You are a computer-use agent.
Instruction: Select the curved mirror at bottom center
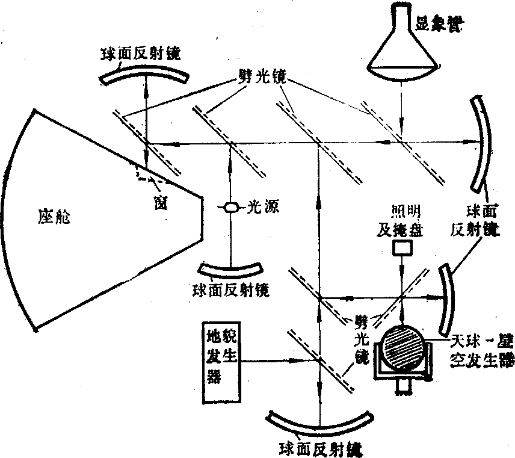(318, 426)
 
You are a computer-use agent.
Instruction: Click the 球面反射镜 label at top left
(143, 51)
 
